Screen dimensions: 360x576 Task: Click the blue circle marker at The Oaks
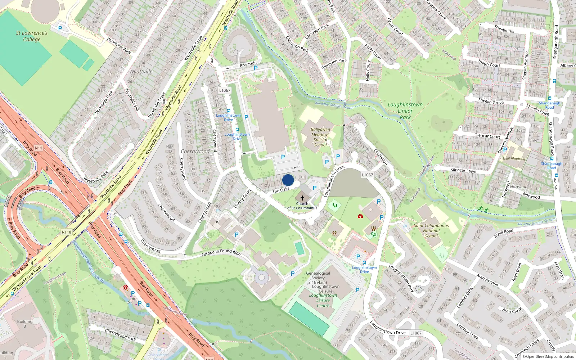point(288,180)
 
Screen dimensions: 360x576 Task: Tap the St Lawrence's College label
point(32,36)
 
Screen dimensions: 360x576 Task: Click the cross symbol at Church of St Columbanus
point(302,198)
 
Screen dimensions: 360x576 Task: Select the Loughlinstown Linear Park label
point(405,111)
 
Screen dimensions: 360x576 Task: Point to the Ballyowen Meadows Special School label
point(320,137)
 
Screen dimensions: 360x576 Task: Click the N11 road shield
point(38,148)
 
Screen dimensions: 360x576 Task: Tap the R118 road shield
point(67,232)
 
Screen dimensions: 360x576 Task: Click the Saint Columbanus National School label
point(431,231)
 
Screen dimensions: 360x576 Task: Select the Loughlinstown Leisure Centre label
point(323,300)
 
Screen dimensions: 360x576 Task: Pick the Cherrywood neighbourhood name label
point(195,152)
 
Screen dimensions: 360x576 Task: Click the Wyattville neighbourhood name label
point(141,72)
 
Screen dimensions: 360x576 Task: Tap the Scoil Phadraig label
point(514,159)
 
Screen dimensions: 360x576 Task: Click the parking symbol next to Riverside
point(256,68)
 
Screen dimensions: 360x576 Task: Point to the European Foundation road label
point(221,253)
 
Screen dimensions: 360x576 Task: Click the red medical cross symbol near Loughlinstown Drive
point(360,216)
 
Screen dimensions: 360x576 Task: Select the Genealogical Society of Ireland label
point(318,278)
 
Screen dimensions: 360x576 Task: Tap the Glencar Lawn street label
point(463,170)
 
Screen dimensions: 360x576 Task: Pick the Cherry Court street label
point(242,198)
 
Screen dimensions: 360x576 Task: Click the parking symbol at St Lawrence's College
point(60,28)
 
